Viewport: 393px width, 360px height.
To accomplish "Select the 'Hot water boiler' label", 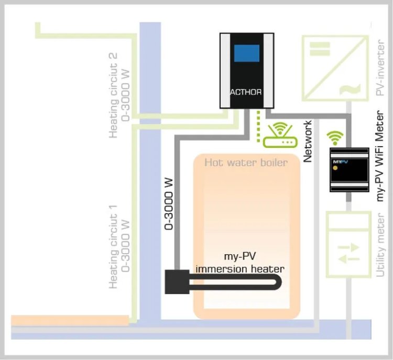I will (x=246, y=162).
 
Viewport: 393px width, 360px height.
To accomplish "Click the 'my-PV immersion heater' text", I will (x=240, y=264).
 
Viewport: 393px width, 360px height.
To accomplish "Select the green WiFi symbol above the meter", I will (x=333, y=138).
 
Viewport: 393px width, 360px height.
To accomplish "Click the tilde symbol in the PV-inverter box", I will (x=346, y=90).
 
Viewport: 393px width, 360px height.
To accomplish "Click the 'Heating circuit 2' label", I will (x=119, y=95).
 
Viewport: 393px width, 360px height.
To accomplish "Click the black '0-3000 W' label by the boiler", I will (x=169, y=204).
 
